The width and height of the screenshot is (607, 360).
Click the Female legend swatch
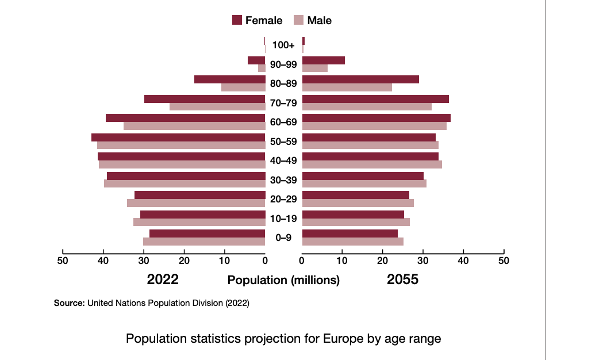click(x=237, y=20)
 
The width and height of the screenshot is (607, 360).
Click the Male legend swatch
click(x=298, y=20)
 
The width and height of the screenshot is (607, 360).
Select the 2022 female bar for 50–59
click(x=178, y=137)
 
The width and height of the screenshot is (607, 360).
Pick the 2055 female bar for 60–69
click(x=377, y=118)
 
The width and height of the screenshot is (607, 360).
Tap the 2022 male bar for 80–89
click(x=243, y=87)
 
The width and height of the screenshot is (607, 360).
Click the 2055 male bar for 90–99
click(x=315, y=68)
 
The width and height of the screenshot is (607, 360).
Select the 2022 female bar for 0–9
click(x=207, y=233)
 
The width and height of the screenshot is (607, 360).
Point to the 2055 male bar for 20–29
click(x=358, y=203)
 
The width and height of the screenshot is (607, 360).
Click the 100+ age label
click(x=283, y=45)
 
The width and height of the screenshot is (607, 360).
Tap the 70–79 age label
click(x=283, y=103)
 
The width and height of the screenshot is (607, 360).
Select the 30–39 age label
click(x=283, y=180)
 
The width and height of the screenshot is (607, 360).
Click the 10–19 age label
click(x=283, y=219)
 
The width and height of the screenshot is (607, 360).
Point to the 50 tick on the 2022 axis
click(x=63, y=261)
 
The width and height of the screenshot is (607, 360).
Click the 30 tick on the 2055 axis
click(x=423, y=261)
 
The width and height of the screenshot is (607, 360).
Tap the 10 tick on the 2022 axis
click(x=225, y=261)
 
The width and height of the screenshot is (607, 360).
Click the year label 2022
click(x=163, y=280)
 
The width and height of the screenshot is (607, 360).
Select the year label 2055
click(x=402, y=280)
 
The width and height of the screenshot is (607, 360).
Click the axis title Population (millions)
click(x=283, y=281)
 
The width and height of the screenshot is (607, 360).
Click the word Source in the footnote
click(x=69, y=302)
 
